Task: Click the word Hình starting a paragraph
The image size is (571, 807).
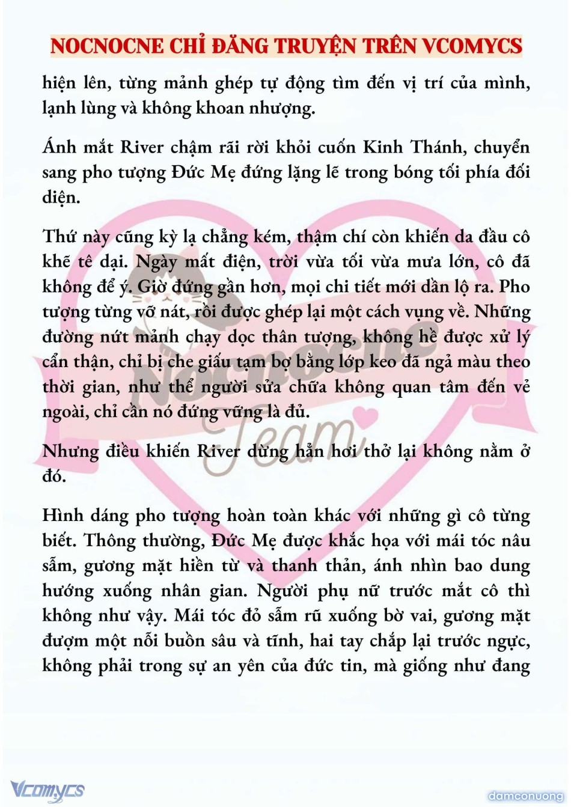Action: [63, 515]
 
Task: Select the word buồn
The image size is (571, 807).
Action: [179, 641]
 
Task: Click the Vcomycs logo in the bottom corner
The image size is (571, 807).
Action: [47, 790]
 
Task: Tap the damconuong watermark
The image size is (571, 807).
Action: [525, 796]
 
